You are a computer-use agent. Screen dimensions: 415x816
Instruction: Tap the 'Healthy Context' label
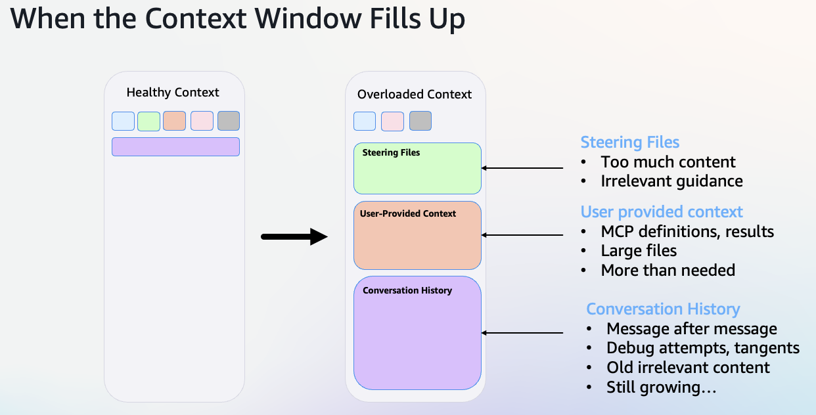[173, 93]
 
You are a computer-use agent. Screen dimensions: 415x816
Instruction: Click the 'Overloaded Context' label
[414, 95]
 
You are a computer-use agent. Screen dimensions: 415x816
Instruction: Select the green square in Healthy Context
[149, 121]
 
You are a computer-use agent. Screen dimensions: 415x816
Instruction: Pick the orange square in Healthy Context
[174, 121]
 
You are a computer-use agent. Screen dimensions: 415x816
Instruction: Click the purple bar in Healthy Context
[175, 146]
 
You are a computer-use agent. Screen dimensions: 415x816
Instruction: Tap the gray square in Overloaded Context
[420, 121]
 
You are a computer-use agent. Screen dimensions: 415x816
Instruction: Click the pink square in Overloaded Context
[392, 121]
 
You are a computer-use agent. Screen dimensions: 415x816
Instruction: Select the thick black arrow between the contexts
[294, 236]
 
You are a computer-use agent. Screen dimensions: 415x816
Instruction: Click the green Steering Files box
[417, 169]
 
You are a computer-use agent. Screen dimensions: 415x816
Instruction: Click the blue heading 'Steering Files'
[629, 142]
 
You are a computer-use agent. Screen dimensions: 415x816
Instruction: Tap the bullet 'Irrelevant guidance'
[671, 181]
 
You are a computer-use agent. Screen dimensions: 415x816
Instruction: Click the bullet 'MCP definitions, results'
[687, 232]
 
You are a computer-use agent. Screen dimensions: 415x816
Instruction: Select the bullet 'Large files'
[639, 251]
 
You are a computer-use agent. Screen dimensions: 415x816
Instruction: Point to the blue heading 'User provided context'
[662, 212]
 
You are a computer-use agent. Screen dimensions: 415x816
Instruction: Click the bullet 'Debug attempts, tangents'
[703, 348]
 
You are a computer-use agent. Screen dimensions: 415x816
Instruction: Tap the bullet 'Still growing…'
[661, 387]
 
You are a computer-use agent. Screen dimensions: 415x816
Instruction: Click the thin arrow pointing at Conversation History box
[522, 333]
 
